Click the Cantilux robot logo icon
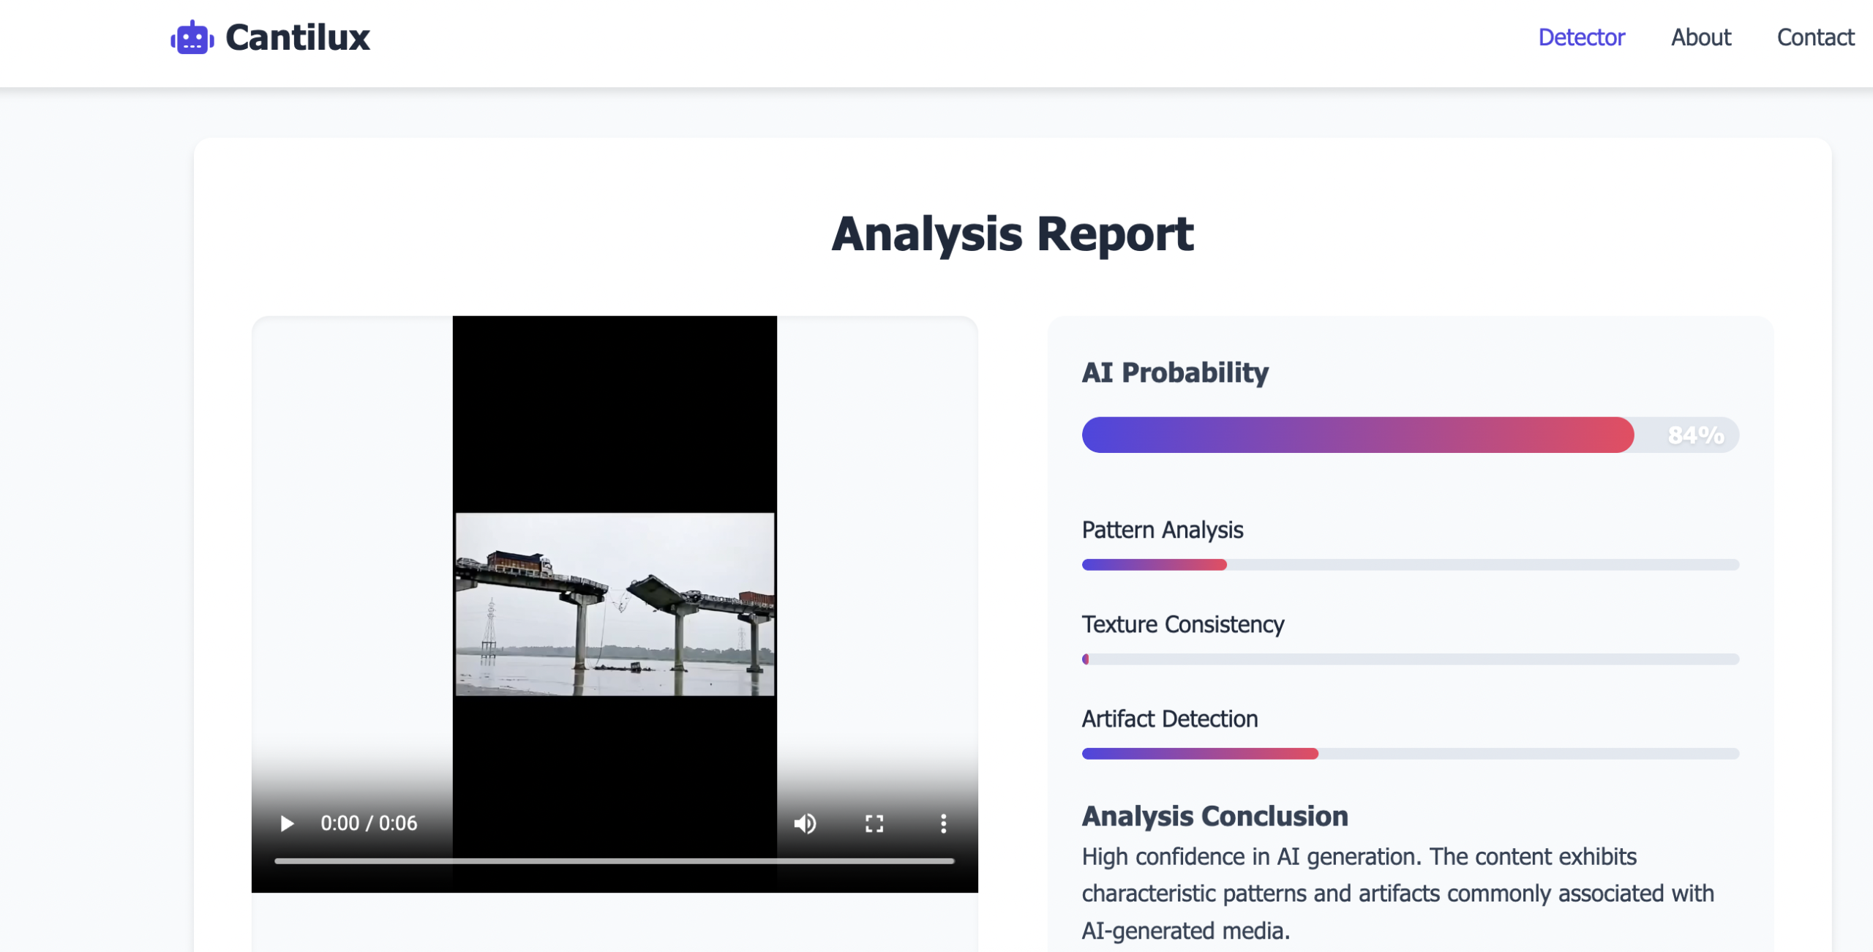192,37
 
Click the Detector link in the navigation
1581,37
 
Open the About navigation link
1701,37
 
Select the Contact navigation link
1815,37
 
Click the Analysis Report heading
1013,234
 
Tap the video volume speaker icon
805,823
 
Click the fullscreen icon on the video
874,823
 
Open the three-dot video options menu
944,823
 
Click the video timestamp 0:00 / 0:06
369,823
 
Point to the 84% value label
1696,435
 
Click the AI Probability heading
1175,372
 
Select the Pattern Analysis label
1163,530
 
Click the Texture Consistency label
1183,624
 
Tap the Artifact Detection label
1170,719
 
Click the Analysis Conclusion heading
1215,816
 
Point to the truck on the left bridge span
519,563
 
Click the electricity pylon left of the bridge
489,629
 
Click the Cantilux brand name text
298,37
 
